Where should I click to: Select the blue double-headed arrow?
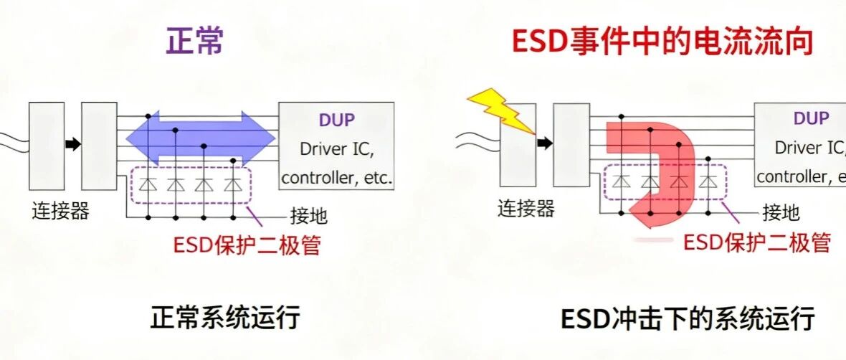(x=201, y=137)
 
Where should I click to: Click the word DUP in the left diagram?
(x=336, y=120)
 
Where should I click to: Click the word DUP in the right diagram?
(x=811, y=118)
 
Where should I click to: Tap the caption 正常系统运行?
(x=224, y=318)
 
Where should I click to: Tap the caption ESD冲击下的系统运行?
(x=687, y=318)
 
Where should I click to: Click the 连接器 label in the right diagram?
(x=526, y=209)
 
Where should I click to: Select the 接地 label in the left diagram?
(x=308, y=215)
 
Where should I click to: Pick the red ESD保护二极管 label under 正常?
(x=247, y=245)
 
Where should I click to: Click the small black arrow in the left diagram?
(x=72, y=144)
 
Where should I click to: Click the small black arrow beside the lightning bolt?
(x=545, y=143)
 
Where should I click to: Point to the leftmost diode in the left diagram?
(x=148, y=184)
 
